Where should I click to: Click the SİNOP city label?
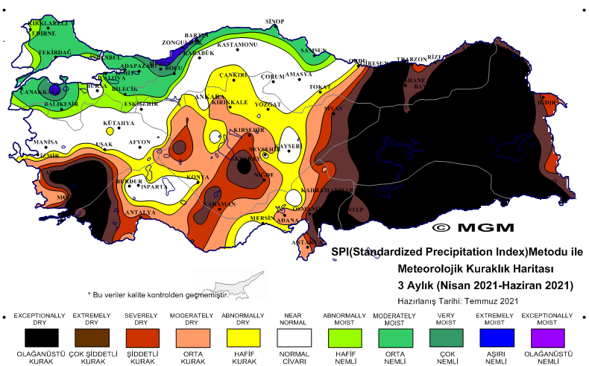coord(275,22)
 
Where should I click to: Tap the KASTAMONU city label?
coord(236,45)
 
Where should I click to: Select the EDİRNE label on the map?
coord(42,33)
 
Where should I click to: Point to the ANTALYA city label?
coord(140,212)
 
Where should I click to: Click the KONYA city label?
coord(198,177)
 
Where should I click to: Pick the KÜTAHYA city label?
coord(119,123)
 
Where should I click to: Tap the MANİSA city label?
coord(45,142)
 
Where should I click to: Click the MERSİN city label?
coord(262,218)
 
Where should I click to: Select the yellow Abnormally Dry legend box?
coord(242,338)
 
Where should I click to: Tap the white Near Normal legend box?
coord(293,338)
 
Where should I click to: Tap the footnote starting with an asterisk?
coord(157,295)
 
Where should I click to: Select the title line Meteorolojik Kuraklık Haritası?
coord(485,268)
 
